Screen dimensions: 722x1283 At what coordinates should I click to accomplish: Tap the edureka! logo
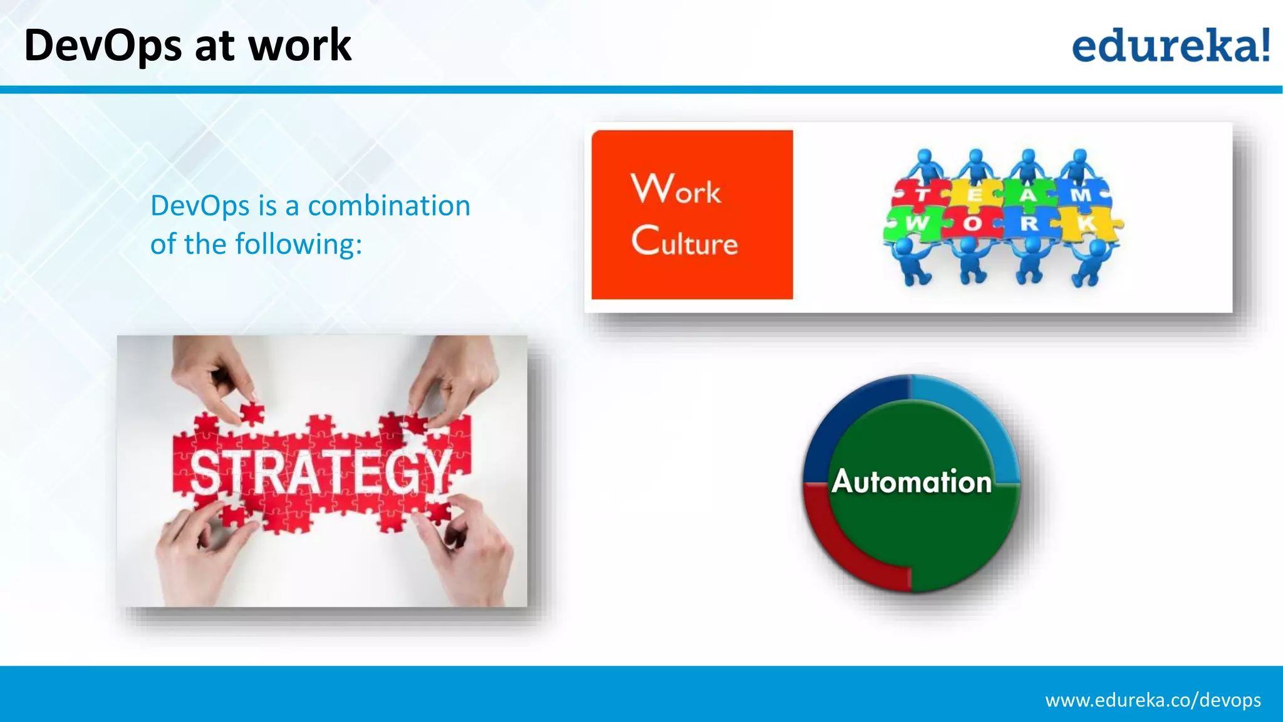click(x=1170, y=45)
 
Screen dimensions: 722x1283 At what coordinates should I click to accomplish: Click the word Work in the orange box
click(x=675, y=189)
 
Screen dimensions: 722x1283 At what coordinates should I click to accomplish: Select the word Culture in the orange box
click(x=684, y=241)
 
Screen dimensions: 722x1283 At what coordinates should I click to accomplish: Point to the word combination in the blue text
click(x=389, y=206)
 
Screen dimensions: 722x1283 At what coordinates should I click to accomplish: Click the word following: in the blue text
click(x=298, y=244)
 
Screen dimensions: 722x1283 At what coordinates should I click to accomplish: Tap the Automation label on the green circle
click(x=912, y=481)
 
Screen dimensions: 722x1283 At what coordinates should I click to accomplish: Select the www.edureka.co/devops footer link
click(x=1153, y=700)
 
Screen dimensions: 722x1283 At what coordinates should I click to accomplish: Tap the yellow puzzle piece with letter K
click(x=1088, y=224)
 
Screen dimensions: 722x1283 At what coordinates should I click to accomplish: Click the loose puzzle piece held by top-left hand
click(x=252, y=413)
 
